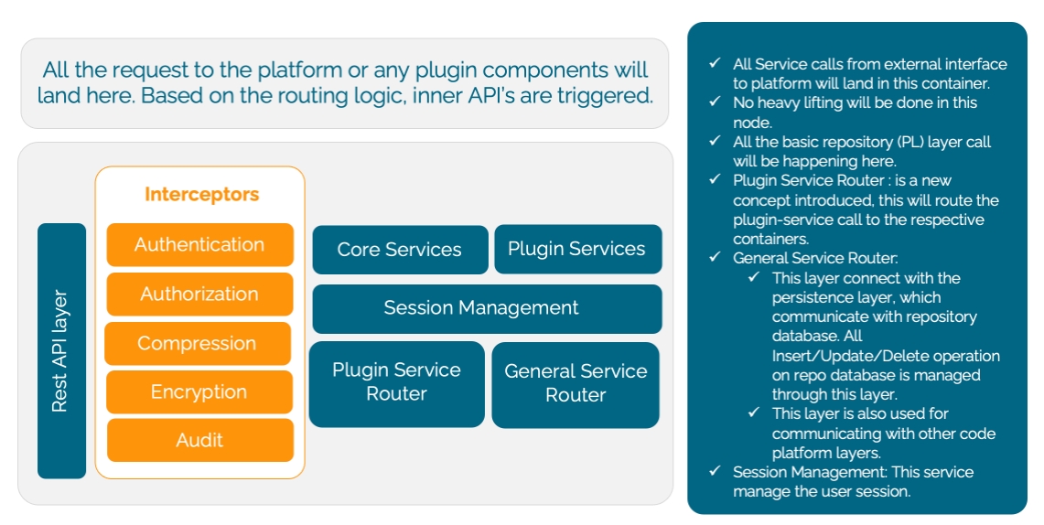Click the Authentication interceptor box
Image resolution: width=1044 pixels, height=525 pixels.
(x=199, y=245)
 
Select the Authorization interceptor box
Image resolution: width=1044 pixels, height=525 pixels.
(x=199, y=295)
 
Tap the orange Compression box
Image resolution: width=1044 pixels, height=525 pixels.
(x=198, y=344)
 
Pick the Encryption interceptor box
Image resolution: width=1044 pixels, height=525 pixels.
(x=199, y=392)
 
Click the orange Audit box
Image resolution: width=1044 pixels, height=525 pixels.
(x=199, y=441)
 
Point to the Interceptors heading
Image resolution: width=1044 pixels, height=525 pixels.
(x=201, y=195)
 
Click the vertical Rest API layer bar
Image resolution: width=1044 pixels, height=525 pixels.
(x=61, y=351)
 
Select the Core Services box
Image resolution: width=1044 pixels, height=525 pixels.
(x=400, y=250)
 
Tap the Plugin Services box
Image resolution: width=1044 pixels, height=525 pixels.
(x=576, y=249)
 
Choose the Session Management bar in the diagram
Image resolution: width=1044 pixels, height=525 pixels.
(x=487, y=308)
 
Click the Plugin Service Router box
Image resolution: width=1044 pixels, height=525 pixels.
(x=396, y=382)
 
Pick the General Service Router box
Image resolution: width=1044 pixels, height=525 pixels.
(x=576, y=383)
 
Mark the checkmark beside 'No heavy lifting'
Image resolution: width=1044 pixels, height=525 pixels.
(x=715, y=102)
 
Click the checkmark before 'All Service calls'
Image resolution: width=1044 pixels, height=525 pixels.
(x=715, y=64)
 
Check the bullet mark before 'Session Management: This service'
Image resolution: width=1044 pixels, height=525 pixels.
(x=715, y=472)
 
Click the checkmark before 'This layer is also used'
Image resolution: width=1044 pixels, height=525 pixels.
(x=753, y=413)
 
